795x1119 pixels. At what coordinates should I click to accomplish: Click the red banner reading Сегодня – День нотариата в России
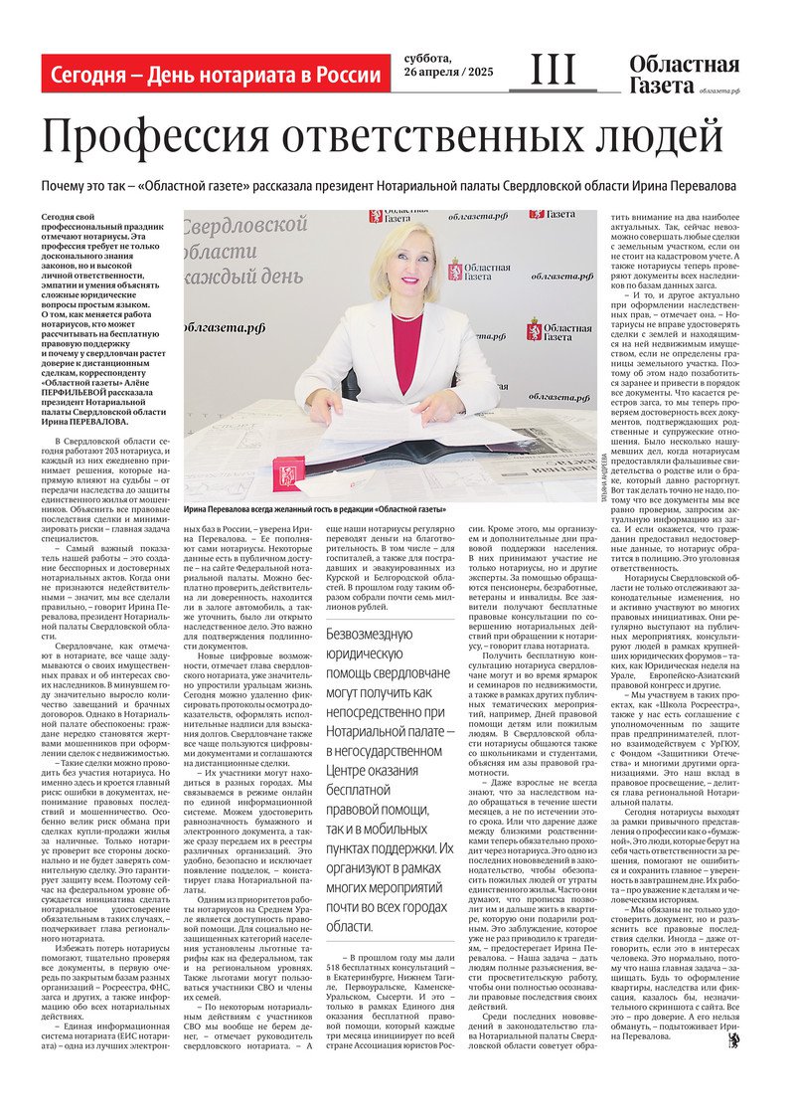coord(215,75)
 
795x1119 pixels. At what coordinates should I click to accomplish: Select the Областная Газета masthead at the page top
coord(684,76)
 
